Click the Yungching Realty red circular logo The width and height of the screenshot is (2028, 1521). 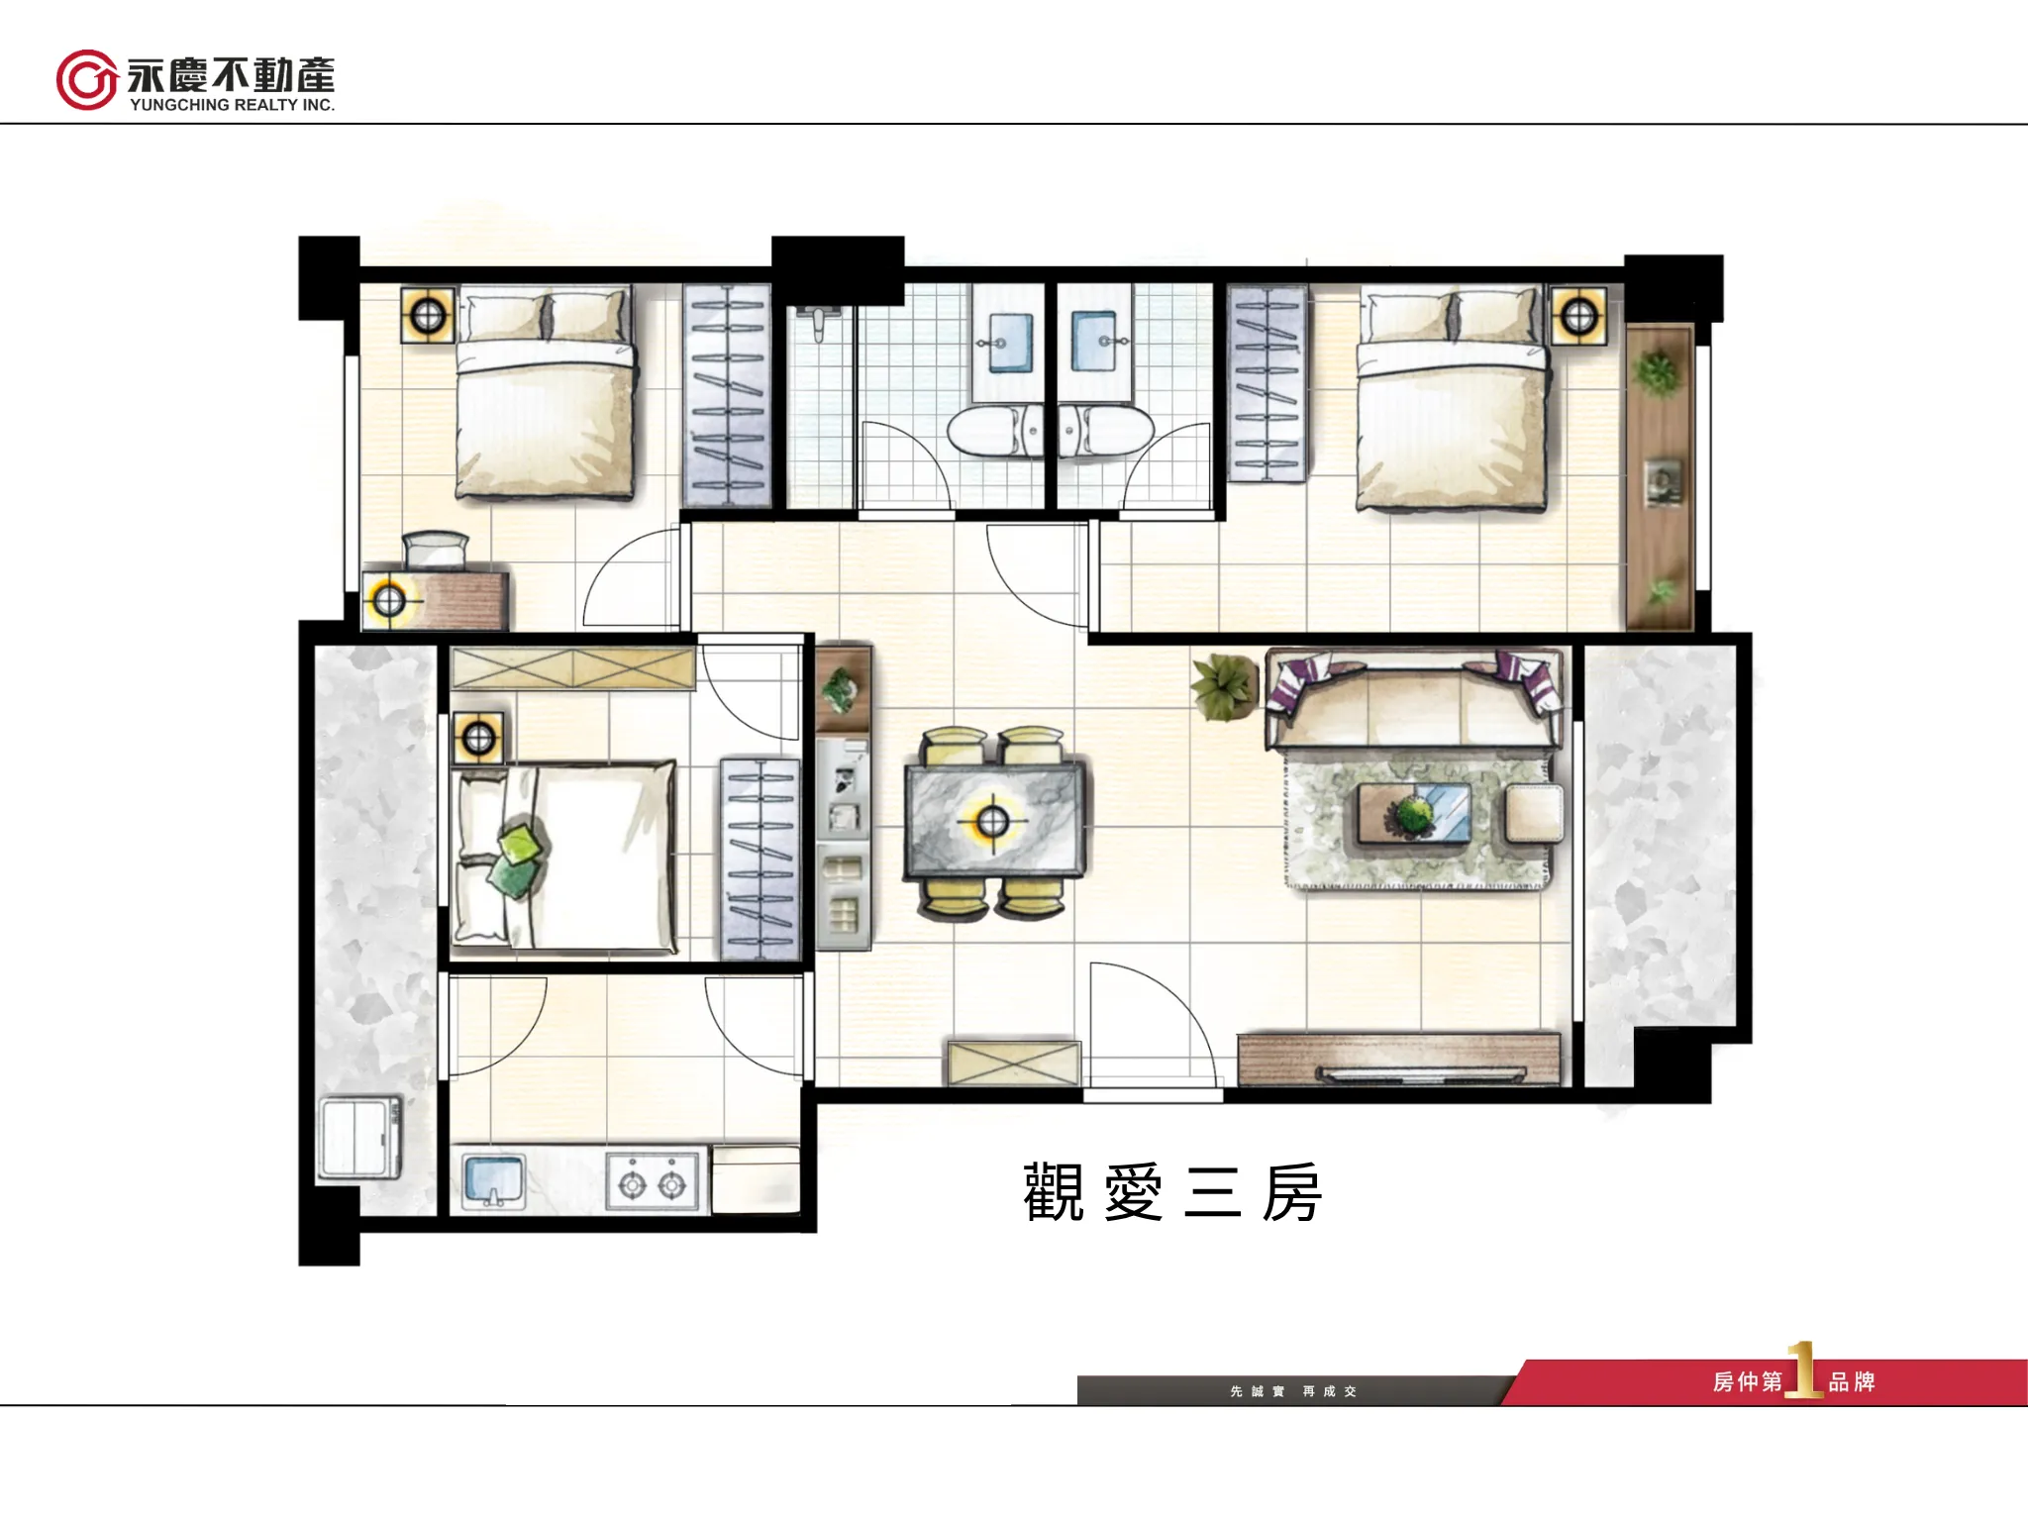87,79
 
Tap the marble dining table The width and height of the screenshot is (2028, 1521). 993,820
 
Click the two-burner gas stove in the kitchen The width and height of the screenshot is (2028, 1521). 653,1182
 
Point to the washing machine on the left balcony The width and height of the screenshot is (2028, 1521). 360,1138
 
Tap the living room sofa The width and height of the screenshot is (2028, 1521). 1413,697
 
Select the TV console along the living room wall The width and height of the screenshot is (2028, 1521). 1399,1061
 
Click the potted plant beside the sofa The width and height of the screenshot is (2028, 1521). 1225,685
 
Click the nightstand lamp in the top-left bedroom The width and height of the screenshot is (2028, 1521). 428,316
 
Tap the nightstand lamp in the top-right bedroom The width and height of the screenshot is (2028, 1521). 1578,316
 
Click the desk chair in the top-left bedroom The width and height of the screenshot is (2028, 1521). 435,551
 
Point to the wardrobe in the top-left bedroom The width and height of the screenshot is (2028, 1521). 727,396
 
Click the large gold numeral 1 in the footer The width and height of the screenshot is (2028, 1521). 1803,1370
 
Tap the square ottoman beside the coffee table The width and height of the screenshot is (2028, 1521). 1534,813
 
